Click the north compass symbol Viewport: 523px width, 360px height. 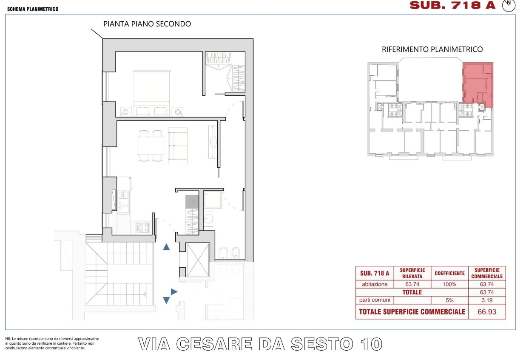pyautogui.click(x=509, y=5)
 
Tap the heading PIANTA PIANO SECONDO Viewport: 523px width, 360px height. pyautogui.click(x=147, y=24)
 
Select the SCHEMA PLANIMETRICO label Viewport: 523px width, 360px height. pyautogui.click(x=33, y=9)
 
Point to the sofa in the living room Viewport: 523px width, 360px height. pyautogui.click(x=178, y=146)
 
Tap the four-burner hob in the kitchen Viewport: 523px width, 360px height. pyautogui.click(x=143, y=228)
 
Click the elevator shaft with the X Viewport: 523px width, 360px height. pyautogui.click(x=198, y=260)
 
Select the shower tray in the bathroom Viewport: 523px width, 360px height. pyautogui.click(x=213, y=199)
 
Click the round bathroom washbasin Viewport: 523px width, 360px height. pyautogui.click(x=208, y=219)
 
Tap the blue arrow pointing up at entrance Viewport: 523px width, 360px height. pyautogui.click(x=166, y=247)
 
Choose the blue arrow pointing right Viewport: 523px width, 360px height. pyautogui.click(x=174, y=291)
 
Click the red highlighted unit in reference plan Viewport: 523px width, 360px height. pyautogui.click(x=478, y=84)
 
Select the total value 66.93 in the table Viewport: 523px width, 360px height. pyautogui.click(x=487, y=311)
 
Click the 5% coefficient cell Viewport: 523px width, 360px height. pyautogui.click(x=449, y=300)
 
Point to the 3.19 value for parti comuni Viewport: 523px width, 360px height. pyautogui.click(x=487, y=300)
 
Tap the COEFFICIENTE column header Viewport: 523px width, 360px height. pyautogui.click(x=449, y=273)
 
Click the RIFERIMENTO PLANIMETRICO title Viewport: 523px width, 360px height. pyautogui.click(x=432, y=49)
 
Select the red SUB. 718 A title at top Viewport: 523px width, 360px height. pyautogui.click(x=452, y=6)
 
